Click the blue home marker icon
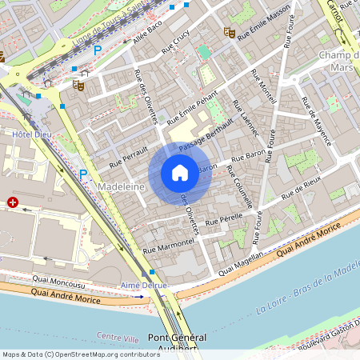click(180, 173)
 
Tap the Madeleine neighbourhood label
click(119, 186)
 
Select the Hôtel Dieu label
click(31, 134)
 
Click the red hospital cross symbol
click(13, 203)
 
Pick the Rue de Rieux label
click(302, 188)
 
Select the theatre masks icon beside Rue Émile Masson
click(230, 33)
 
